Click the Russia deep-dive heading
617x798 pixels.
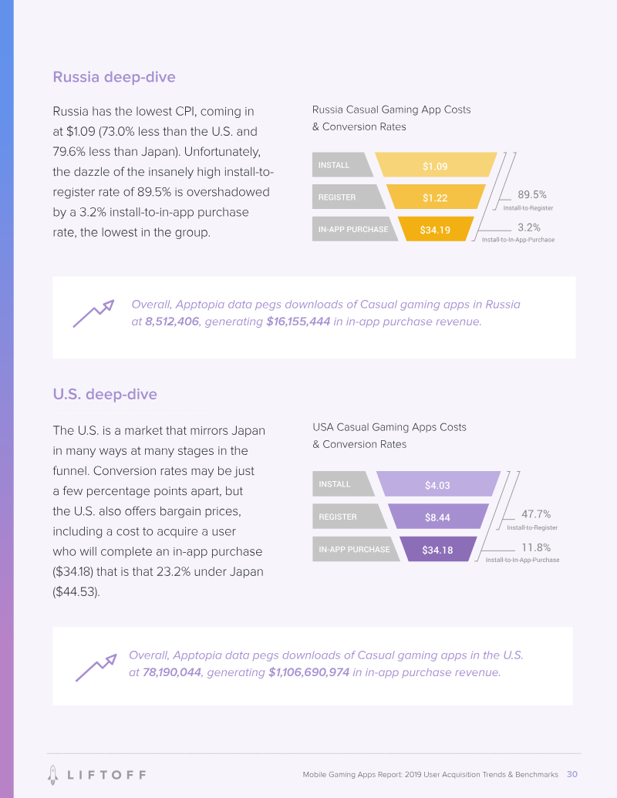click(x=114, y=77)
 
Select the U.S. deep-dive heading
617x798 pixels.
click(x=105, y=394)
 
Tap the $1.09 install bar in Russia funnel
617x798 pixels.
click(x=435, y=166)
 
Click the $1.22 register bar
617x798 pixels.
click(x=435, y=198)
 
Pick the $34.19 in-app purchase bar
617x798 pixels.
click(x=435, y=230)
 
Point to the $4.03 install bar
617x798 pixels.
click(x=437, y=485)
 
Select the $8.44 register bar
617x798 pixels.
click(x=437, y=517)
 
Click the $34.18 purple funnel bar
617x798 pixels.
click(x=437, y=550)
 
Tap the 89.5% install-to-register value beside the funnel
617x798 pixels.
click(x=532, y=195)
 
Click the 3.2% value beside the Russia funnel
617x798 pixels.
click(x=529, y=227)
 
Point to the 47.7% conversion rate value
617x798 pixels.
click(x=536, y=514)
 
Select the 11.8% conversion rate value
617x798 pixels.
click(x=535, y=547)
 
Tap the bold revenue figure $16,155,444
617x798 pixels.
click(x=298, y=322)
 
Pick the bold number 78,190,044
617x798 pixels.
click(x=172, y=672)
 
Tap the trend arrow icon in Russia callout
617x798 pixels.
click(x=93, y=314)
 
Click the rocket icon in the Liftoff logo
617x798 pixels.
click(x=52, y=773)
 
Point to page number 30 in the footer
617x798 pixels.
click(x=572, y=774)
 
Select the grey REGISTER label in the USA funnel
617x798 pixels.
click(x=347, y=517)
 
